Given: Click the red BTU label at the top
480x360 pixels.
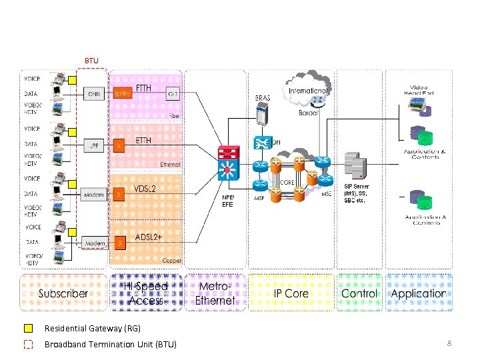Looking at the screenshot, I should (91, 61).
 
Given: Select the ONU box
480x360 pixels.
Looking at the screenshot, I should (94, 94).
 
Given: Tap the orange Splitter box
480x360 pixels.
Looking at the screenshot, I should (121, 94).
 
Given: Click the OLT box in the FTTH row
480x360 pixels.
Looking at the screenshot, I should (172, 94).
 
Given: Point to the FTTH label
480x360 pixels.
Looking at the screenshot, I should (143, 88).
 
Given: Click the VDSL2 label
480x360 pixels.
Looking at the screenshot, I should (145, 189).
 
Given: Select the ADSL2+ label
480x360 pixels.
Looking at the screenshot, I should (148, 237).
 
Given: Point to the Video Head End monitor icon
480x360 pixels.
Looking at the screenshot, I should (418, 105).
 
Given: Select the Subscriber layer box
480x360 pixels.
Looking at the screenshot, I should (63, 293).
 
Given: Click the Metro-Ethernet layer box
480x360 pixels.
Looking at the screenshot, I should (215, 293).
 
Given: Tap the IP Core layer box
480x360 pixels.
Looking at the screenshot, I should (291, 293).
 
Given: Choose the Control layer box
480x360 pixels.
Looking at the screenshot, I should (359, 293).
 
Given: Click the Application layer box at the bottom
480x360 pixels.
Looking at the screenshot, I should (419, 293).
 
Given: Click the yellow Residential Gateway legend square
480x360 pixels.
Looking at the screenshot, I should (29, 328).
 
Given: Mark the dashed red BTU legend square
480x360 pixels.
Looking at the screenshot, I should (29, 344).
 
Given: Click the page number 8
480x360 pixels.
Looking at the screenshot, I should (449, 343).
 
